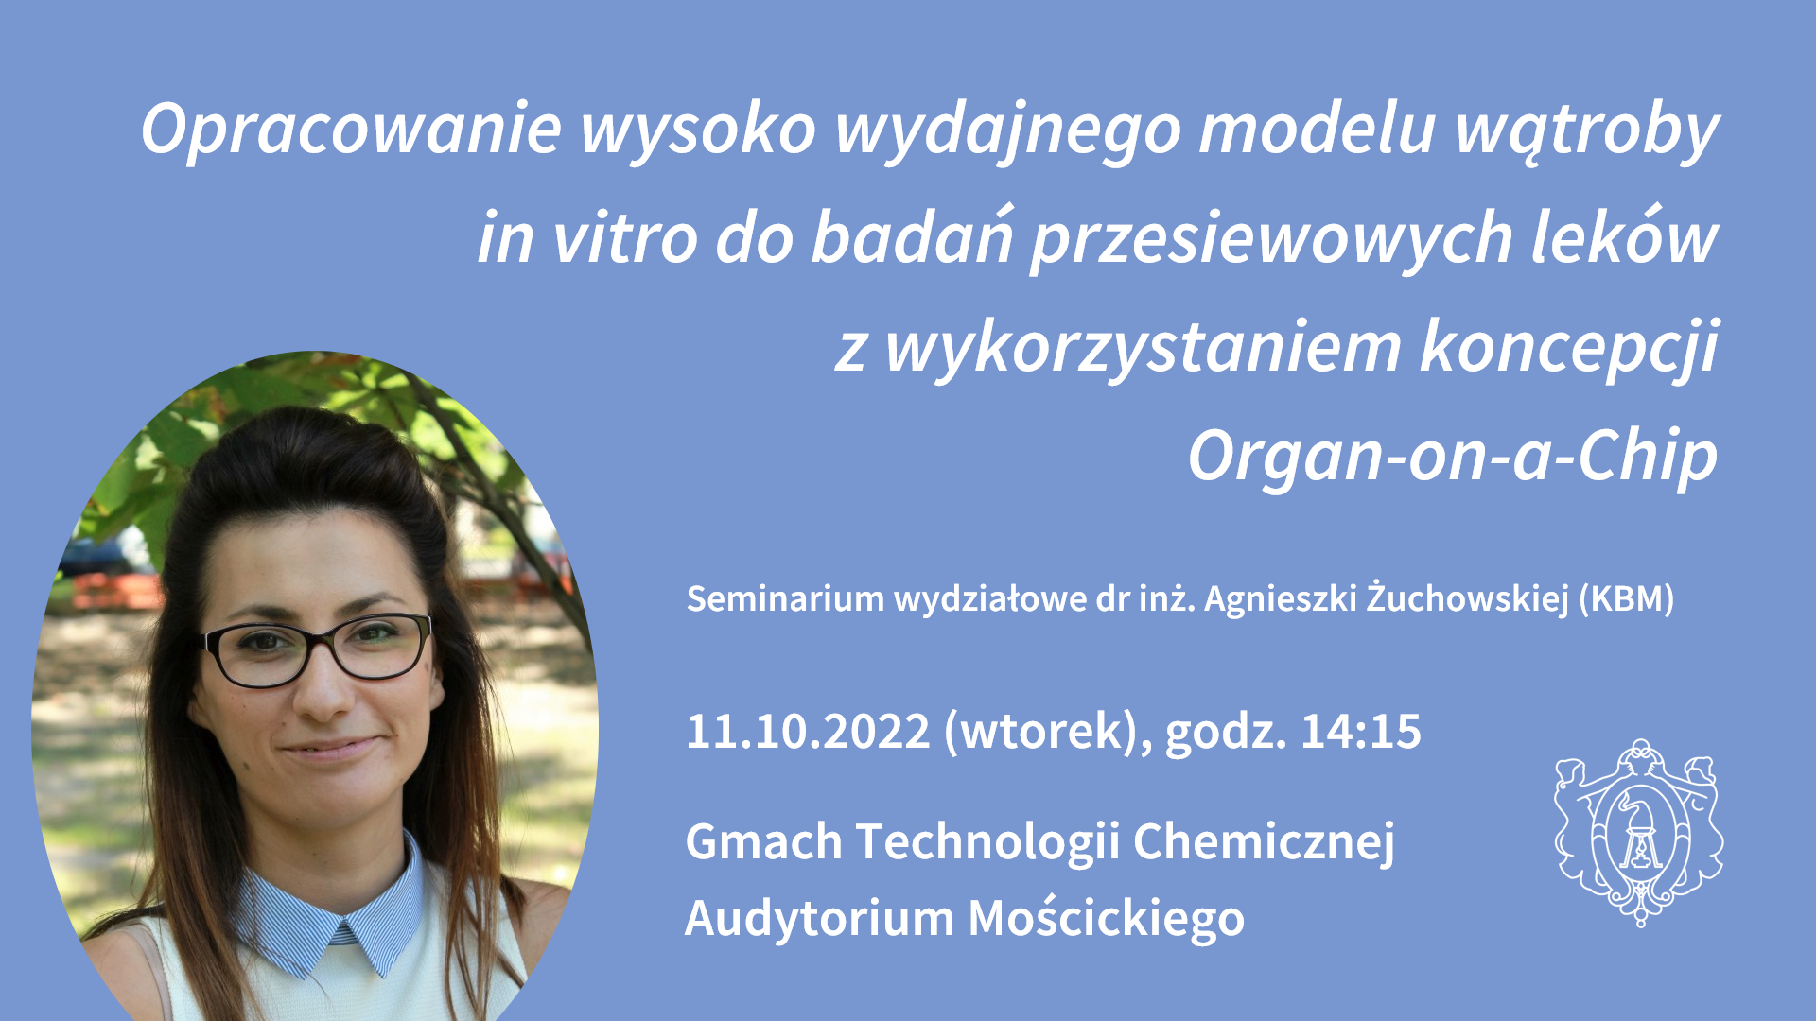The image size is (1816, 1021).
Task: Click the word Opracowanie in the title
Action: (351, 129)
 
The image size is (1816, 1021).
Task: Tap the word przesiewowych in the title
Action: (1272, 239)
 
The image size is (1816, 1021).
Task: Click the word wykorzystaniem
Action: (1144, 348)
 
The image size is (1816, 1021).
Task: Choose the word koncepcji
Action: (1569, 348)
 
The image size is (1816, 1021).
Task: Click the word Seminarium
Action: (785, 598)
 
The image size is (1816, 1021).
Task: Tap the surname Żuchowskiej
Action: (1468, 598)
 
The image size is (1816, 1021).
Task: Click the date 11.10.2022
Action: (808, 732)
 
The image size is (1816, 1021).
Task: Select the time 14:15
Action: (1361, 732)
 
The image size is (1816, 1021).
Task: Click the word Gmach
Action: (763, 841)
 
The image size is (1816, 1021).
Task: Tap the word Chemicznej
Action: (1264, 842)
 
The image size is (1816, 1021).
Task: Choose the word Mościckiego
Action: (1106, 918)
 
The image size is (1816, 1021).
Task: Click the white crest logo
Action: (1638, 833)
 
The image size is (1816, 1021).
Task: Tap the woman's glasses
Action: (317, 649)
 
